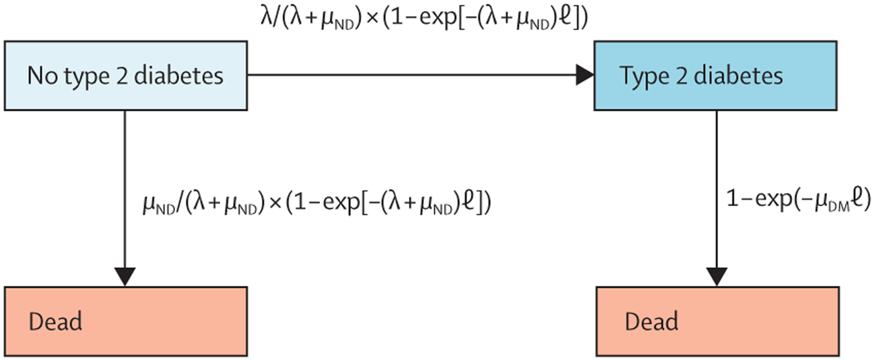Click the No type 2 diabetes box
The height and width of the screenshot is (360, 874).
pos(126,76)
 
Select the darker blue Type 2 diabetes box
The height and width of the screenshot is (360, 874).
pos(715,76)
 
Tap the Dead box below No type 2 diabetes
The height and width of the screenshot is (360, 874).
pos(126,321)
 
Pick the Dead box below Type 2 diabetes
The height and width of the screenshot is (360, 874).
pos(717,321)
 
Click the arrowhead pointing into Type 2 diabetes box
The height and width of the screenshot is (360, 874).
pos(584,75)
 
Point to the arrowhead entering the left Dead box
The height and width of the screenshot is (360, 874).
pos(125,276)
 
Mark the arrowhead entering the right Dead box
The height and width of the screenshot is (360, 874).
pos(716,276)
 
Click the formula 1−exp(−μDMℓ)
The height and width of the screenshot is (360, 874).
pos(798,199)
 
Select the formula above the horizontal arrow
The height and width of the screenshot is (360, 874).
pos(424,18)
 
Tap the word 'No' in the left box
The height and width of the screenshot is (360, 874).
pos(42,76)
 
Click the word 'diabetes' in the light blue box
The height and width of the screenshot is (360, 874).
pos(178,76)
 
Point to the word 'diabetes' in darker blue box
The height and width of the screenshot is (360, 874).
pos(738,76)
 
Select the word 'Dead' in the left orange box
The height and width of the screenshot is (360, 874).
pos(56,322)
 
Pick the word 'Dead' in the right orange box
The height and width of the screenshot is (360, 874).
pos(651,322)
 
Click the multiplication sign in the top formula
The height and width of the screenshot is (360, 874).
pos(372,19)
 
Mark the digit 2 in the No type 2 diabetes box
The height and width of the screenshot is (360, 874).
pos(122,76)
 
